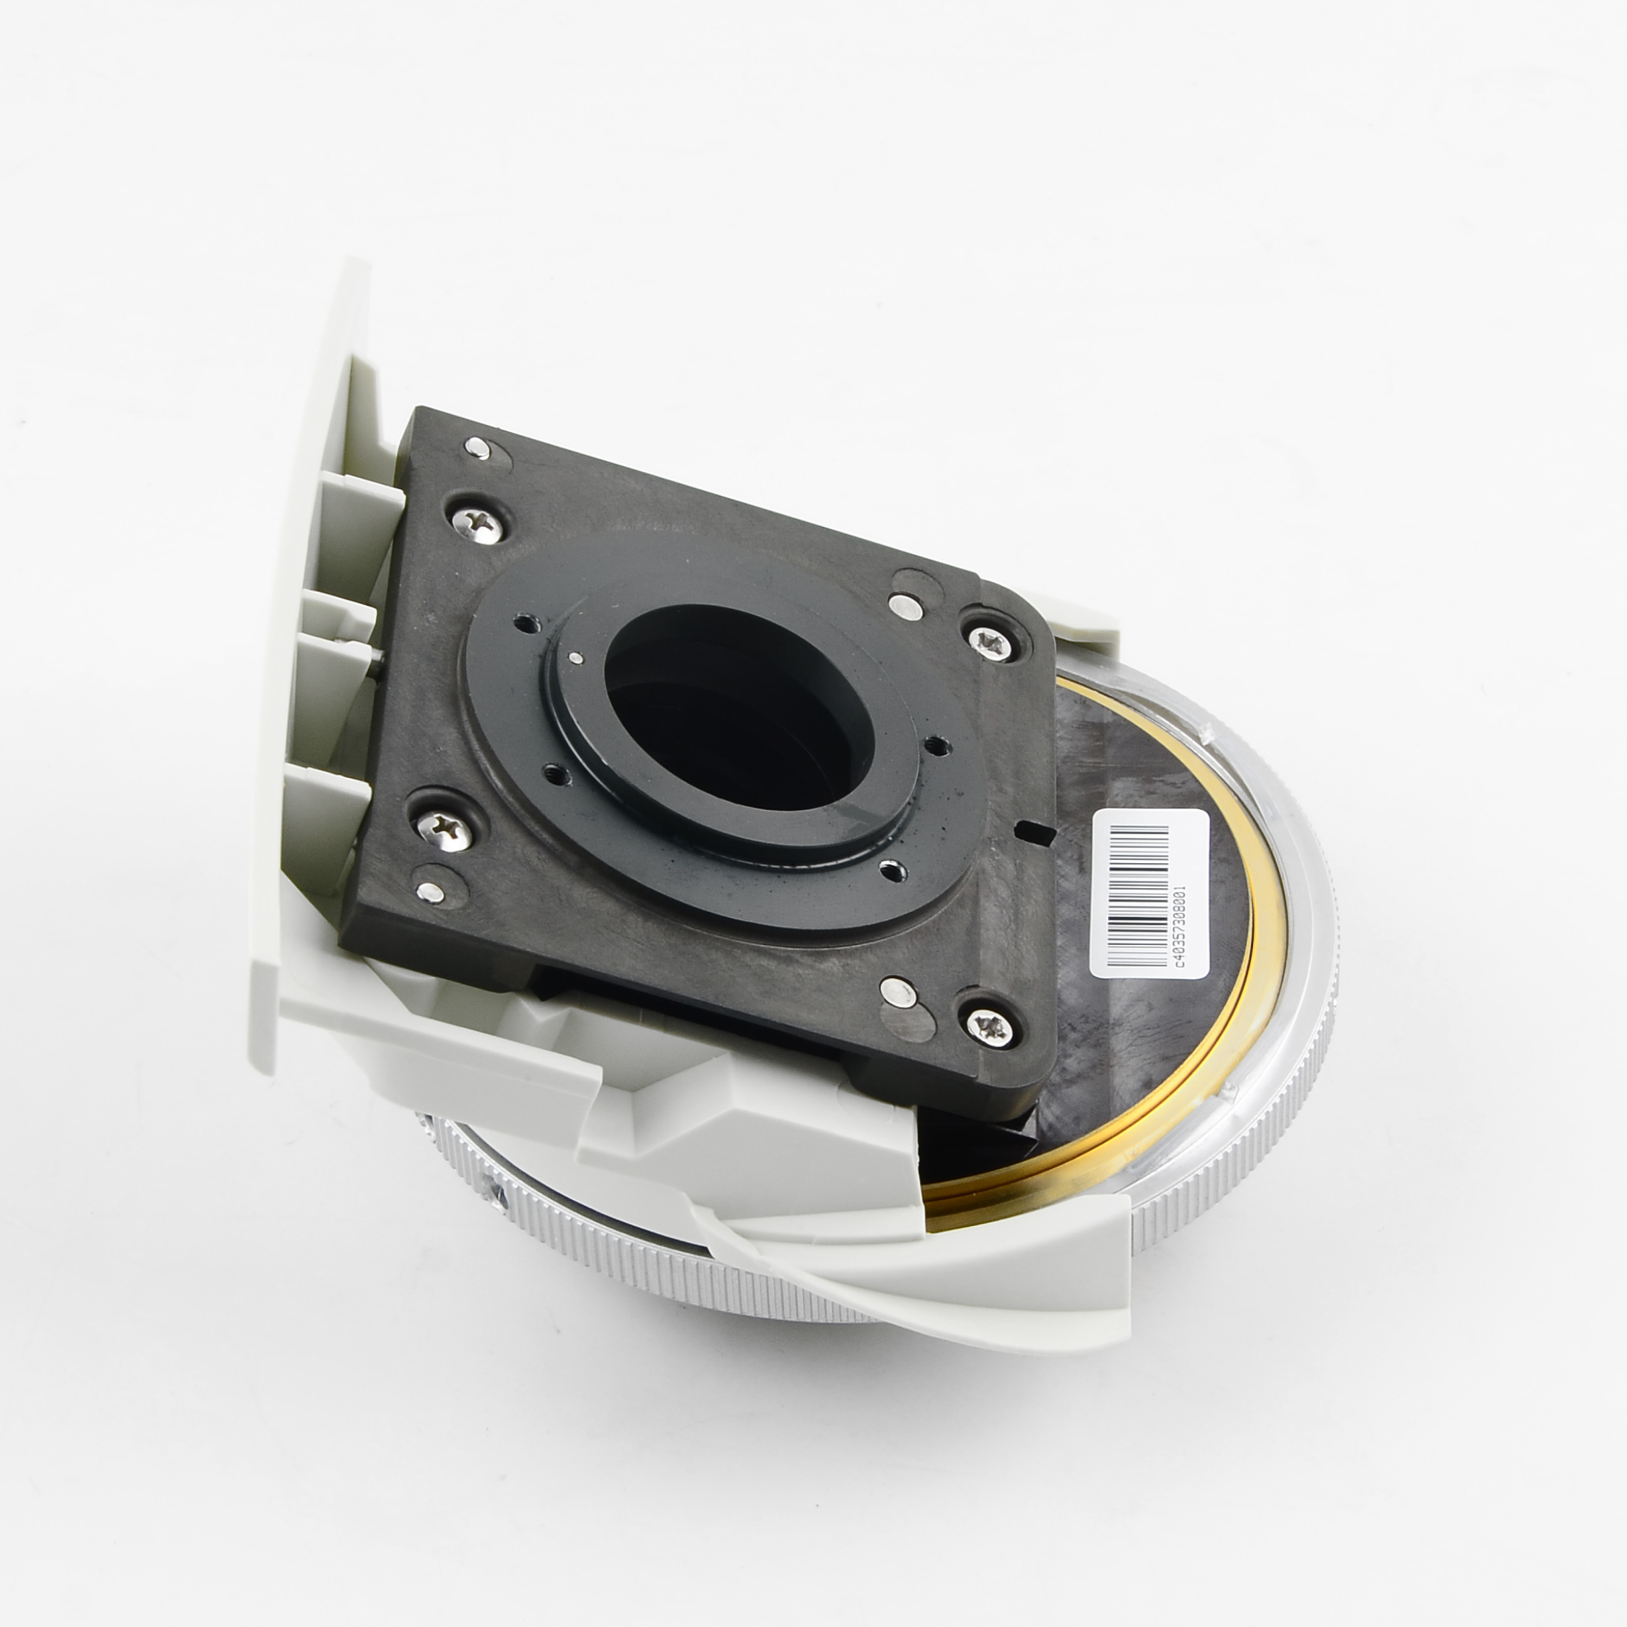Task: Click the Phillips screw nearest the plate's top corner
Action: (x=478, y=526)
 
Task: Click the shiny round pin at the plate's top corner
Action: (x=477, y=448)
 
